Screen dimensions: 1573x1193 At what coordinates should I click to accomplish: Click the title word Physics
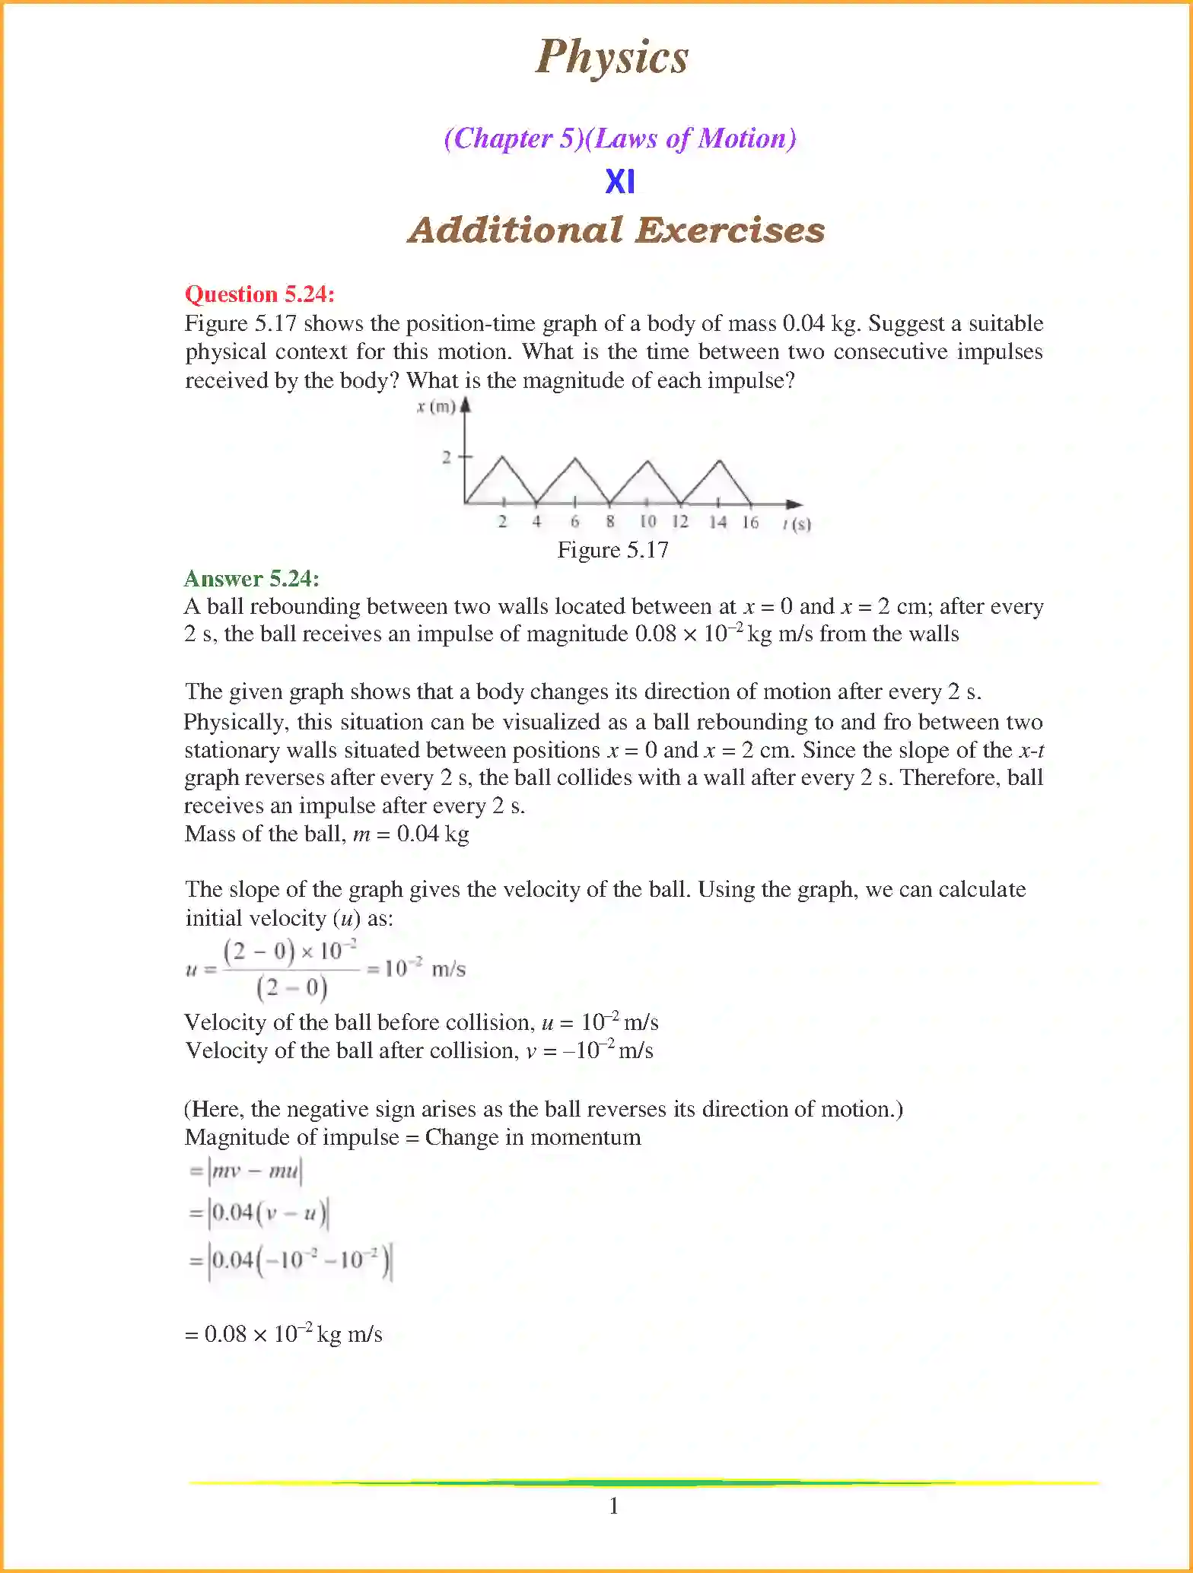point(612,57)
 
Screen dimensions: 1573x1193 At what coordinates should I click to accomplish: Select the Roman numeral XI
point(620,182)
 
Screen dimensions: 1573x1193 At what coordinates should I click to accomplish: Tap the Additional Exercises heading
point(616,230)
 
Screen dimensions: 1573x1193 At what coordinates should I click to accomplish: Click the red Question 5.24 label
point(259,294)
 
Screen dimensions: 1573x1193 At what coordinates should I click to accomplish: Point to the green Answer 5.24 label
point(251,579)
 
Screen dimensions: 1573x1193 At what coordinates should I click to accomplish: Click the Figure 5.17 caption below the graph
point(612,550)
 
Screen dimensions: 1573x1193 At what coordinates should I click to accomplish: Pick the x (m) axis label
point(435,407)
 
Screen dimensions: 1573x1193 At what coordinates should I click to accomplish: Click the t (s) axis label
point(797,523)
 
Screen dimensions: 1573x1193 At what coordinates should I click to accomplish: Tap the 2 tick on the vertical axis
point(447,457)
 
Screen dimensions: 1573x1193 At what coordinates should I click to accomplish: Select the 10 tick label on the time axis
point(647,522)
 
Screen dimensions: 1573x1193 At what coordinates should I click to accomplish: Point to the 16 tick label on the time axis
point(750,522)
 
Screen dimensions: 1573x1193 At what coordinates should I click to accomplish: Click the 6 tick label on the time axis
point(575,522)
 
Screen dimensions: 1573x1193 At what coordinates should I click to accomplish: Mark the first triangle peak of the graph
point(502,458)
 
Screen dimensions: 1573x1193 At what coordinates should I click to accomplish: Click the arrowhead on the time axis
point(794,504)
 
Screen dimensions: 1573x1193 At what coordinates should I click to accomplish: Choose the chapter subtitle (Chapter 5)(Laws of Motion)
point(620,138)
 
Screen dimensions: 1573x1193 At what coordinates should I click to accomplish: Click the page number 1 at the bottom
point(614,1506)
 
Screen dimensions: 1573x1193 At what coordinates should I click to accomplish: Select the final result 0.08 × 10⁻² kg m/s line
point(284,1334)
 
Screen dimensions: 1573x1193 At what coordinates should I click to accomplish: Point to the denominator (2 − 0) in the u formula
point(292,988)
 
